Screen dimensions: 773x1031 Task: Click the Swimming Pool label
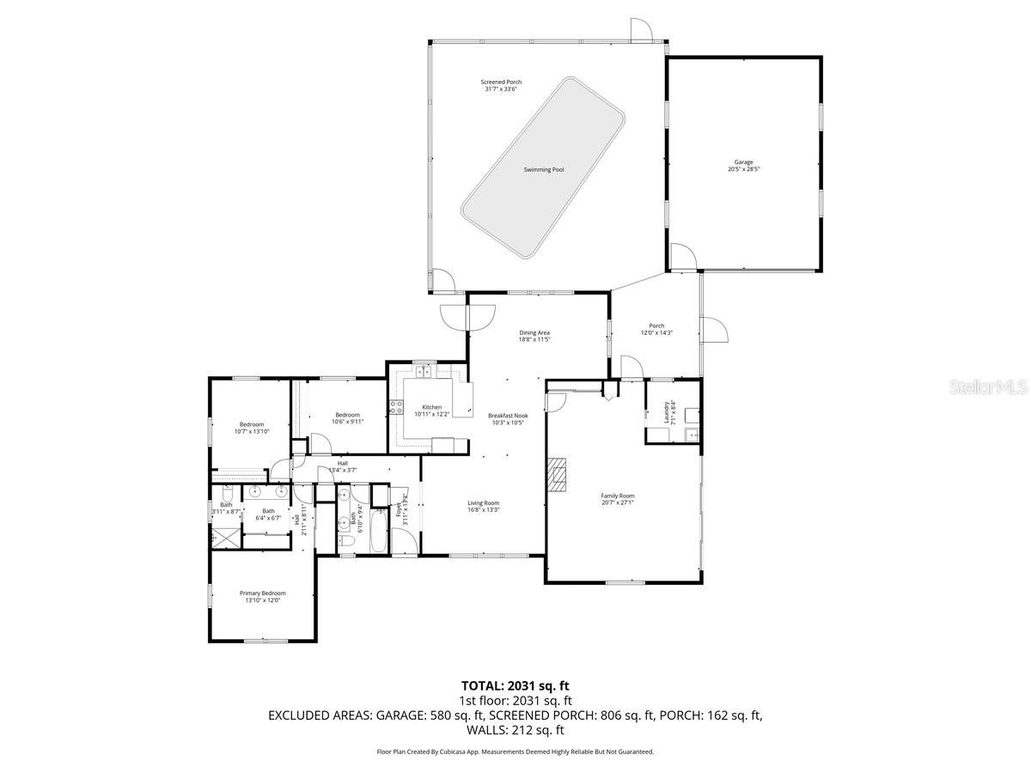pos(544,170)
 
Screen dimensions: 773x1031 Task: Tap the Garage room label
pos(743,162)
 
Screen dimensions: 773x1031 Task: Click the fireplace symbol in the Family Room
pos(559,475)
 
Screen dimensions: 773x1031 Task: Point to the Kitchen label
pos(431,407)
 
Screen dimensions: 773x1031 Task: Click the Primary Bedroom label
pos(262,593)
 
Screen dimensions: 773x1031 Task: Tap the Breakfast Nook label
pos(508,416)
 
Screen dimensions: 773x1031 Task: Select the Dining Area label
pos(534,332)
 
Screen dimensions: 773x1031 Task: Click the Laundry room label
pos(666,411)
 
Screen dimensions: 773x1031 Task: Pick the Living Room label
pos(483,503)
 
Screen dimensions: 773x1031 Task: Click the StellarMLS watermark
pos(986,388)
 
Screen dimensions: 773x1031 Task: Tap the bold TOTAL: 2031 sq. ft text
pos(515,685)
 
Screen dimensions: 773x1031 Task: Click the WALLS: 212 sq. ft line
pos(515,730)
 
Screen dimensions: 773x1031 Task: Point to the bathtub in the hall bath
pos(379,531)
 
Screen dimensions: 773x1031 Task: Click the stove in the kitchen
pos(396,407)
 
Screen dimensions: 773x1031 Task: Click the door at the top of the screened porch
pos(640,30)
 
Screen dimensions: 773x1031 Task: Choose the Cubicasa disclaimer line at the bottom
pos(515,752)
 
